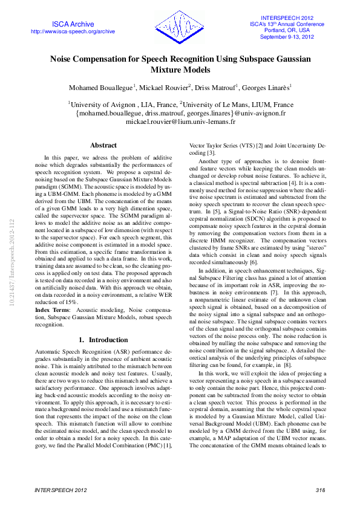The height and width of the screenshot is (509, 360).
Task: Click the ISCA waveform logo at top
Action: pyautogui.click(x=179, y=28)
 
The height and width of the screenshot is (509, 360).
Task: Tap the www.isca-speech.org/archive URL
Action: pyautogui.click(x=73, y=31)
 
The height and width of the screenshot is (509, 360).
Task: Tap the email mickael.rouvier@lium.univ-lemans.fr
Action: pyautogui.click(x=180, y=122)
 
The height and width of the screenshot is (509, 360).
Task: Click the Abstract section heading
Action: pyautogui.click(x=103, y=145)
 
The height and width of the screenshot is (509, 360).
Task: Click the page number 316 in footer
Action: pyautogui.click(x=321, y=490)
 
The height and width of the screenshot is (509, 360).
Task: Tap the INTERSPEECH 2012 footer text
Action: pyautogui.click(x=60, y=490)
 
